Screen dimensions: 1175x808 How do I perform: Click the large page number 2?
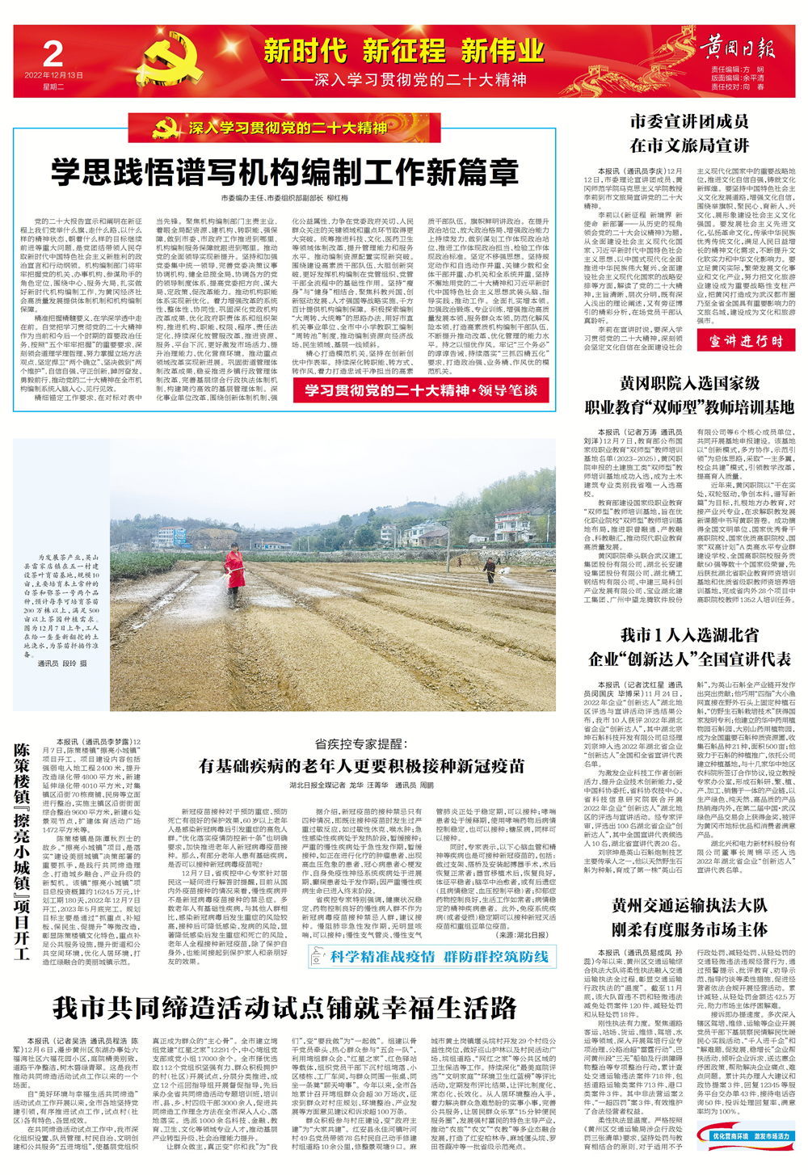point(53,54)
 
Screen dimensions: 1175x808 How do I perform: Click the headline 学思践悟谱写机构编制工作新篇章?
point(285,173)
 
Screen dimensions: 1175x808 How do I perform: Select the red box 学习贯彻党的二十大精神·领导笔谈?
point(420,390)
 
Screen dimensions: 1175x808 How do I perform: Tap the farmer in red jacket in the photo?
point(235,575)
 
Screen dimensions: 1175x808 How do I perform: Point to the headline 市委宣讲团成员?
point(689,122)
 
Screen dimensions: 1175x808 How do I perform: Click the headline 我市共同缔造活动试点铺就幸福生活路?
point(285,1008)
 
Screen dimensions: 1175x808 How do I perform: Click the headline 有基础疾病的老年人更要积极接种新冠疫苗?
point(361,765)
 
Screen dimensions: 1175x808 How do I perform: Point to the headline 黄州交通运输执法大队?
point(689,905)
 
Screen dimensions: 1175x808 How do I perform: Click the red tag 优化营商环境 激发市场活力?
point(750,1136)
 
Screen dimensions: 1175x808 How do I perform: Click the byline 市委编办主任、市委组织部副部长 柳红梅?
point(285,198)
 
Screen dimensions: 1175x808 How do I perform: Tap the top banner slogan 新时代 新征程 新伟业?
point(403,52)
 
